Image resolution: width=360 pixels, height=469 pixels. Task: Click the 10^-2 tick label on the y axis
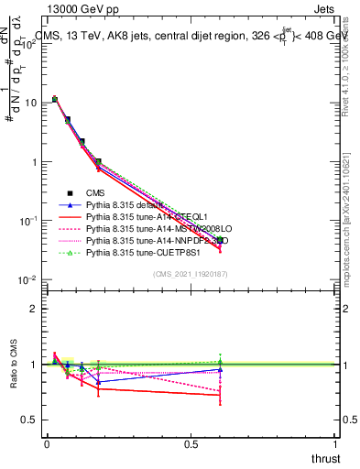point(27,279)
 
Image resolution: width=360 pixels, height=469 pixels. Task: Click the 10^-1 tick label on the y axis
point(27,221)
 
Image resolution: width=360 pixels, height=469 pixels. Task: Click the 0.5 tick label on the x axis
point(191,443)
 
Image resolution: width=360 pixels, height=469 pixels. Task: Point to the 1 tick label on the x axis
point(335,443)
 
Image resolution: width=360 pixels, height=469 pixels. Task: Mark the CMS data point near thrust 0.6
point(220,240)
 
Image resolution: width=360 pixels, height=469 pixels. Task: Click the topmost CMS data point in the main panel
point(55,99)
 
